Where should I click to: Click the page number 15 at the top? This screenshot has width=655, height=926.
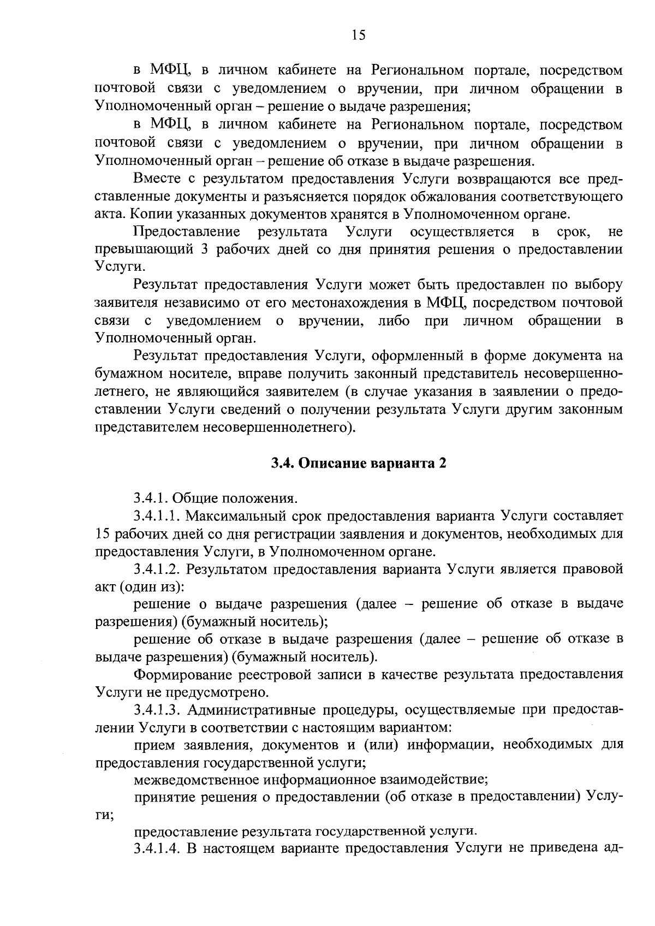[358, 35]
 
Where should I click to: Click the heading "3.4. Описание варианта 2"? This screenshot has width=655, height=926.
[359, 463]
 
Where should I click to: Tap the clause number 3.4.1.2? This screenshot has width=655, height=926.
[157, 569]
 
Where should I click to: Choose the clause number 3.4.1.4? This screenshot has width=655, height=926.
[157, 848]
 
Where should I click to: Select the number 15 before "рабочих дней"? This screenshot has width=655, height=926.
[103, 533]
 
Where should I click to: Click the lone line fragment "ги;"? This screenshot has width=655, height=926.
[104, 815]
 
